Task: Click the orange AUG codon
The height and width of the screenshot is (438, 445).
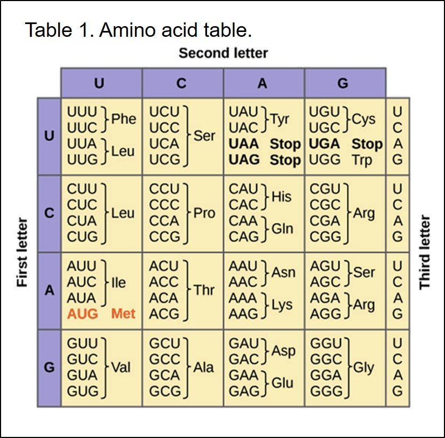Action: [83, 314]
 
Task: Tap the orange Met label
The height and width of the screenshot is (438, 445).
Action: [123, 314]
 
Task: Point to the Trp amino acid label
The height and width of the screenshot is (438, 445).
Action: [362, 160]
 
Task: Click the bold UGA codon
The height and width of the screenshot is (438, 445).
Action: [324, 144]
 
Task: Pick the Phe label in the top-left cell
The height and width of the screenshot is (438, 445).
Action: [123, 120]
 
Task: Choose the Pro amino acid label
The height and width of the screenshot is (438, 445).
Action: [204, 213]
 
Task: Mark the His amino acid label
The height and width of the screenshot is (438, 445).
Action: [281, 197]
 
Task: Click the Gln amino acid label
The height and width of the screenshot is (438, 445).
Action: [282, 228]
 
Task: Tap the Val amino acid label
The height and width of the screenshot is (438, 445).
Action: [121, 368]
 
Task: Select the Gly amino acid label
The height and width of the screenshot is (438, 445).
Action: [363, 368]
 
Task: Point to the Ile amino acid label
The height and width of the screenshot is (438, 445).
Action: [118, 282]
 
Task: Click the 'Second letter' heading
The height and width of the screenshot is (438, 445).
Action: [223, 53]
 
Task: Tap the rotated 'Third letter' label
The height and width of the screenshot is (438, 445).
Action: [425, 252]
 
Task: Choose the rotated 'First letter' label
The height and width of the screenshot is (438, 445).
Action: [22, 252]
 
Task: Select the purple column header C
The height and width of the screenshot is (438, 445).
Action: [182, 83]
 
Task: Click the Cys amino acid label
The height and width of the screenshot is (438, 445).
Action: [364, 120]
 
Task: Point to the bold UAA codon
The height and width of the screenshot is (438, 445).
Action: [244, 144]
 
